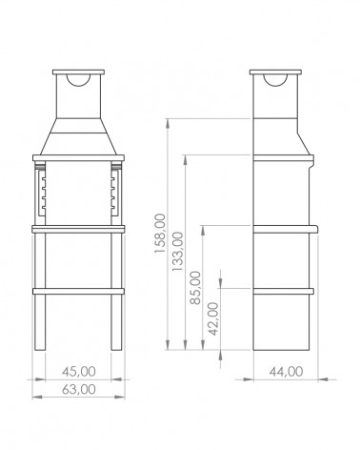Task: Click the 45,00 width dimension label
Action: click(79, 371)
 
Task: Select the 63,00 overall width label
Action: click(79, 389)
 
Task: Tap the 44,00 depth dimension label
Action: click(286, 371)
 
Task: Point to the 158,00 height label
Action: click(160, 234)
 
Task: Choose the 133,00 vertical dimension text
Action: click(178, 252)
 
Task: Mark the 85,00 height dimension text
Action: click(195, 288)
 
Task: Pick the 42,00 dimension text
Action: click(213, 318)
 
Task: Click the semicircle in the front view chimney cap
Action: click(78, 83)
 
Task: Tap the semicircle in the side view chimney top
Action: click(275, 83)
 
